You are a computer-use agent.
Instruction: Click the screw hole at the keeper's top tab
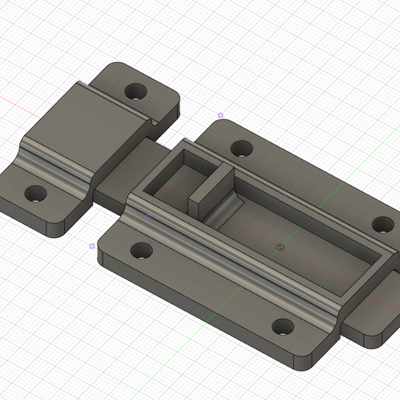click(x=137, y=91)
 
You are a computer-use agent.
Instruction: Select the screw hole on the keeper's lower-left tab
click(x=34, y=194)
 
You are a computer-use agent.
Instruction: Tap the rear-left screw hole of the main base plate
click(x=241, y=148)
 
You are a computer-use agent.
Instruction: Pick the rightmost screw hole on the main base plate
click(x=383, y=225)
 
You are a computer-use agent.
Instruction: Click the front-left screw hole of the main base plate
click(x=141, y=250)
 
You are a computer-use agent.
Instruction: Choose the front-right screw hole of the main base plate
click(x=283, y=326)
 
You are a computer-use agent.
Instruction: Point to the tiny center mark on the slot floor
click(x=280, y=247)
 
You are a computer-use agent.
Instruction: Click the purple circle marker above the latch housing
click(x=220, y=116)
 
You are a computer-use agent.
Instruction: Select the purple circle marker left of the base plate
click(x=92, y=246)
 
